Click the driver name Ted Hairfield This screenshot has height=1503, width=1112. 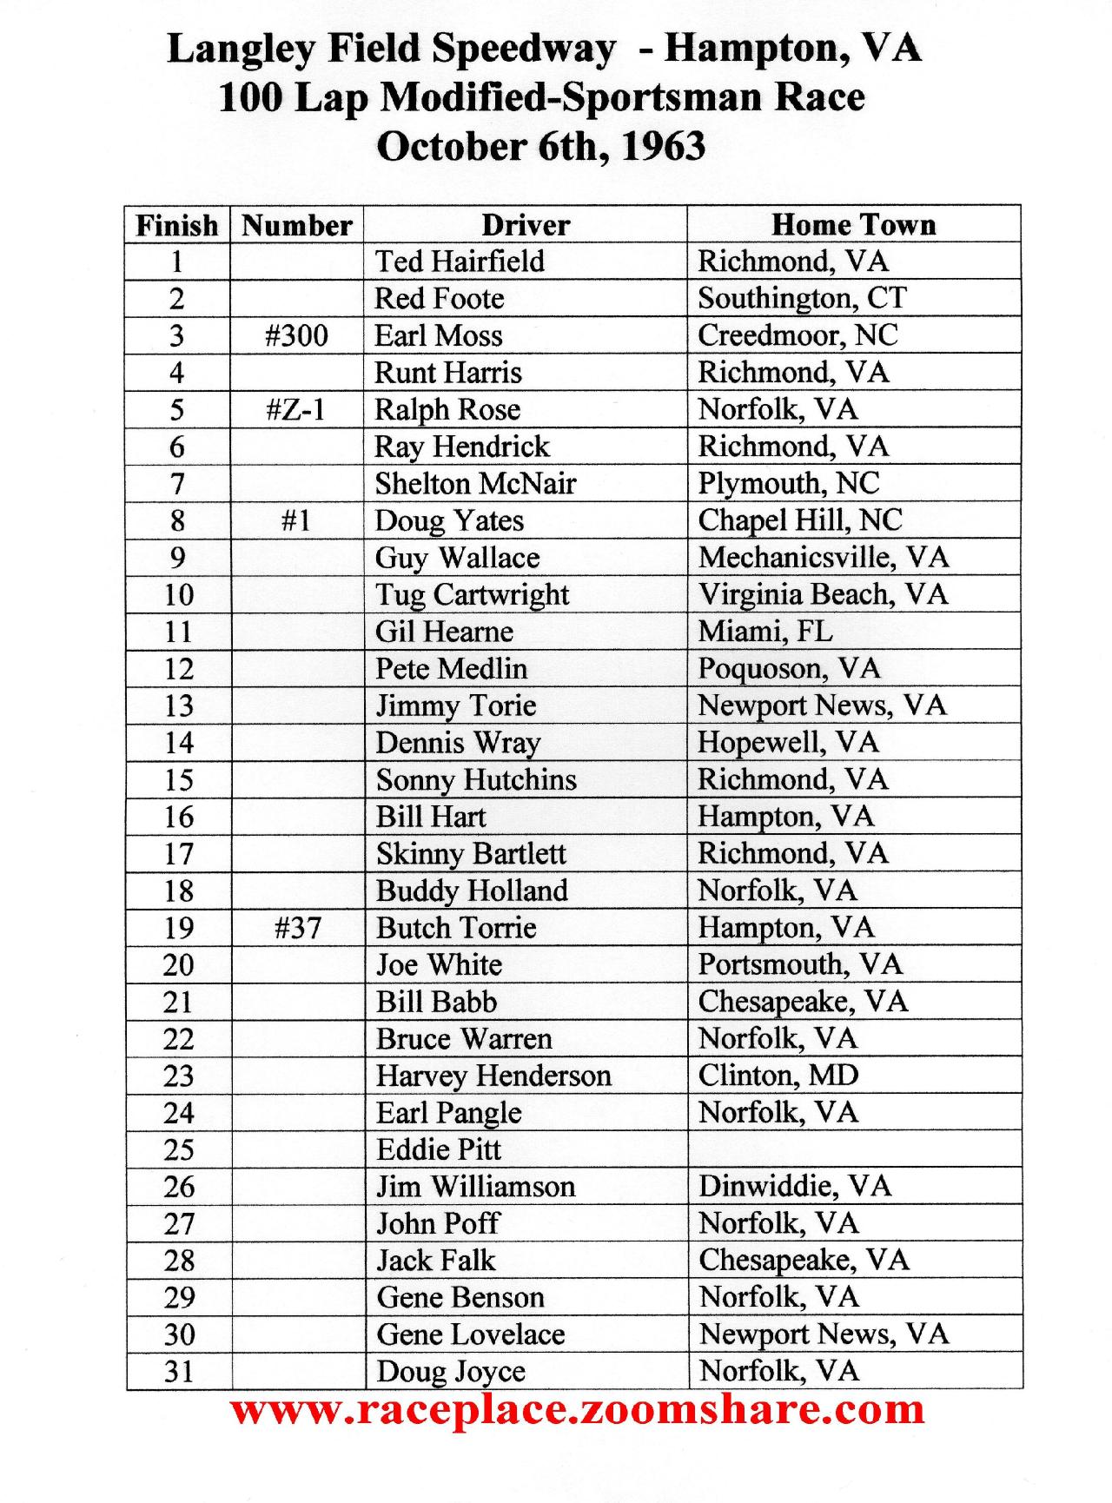tap(460, 262)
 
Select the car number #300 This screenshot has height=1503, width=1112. tap(296, 335)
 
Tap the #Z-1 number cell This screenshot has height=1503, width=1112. tap(296, 409)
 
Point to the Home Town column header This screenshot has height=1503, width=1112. tap(853, 224)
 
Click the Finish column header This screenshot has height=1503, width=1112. tap(177, 225)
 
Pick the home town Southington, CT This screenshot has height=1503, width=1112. tap(801, 298)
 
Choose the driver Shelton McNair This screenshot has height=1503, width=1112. tap(475, 483)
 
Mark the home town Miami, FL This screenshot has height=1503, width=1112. tap(764, 631)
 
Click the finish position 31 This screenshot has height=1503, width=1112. tap(178, 1371)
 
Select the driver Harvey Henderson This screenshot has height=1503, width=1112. tap(493, 1076)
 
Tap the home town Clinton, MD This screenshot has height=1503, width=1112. tap(778, 1075)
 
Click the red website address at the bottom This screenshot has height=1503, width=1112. tap(577, 1409)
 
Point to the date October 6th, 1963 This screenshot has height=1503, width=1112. tap(540, 146)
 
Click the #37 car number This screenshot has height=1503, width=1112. tap(297, 928)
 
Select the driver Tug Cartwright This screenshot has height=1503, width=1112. tap(472, 594)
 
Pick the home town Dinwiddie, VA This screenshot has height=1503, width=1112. tap(794, 1186)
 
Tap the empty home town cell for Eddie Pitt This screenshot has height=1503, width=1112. tap(853, 1149)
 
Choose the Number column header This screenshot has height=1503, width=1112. tap(296, 225)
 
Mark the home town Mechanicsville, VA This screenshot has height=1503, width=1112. tap(823, 557)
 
